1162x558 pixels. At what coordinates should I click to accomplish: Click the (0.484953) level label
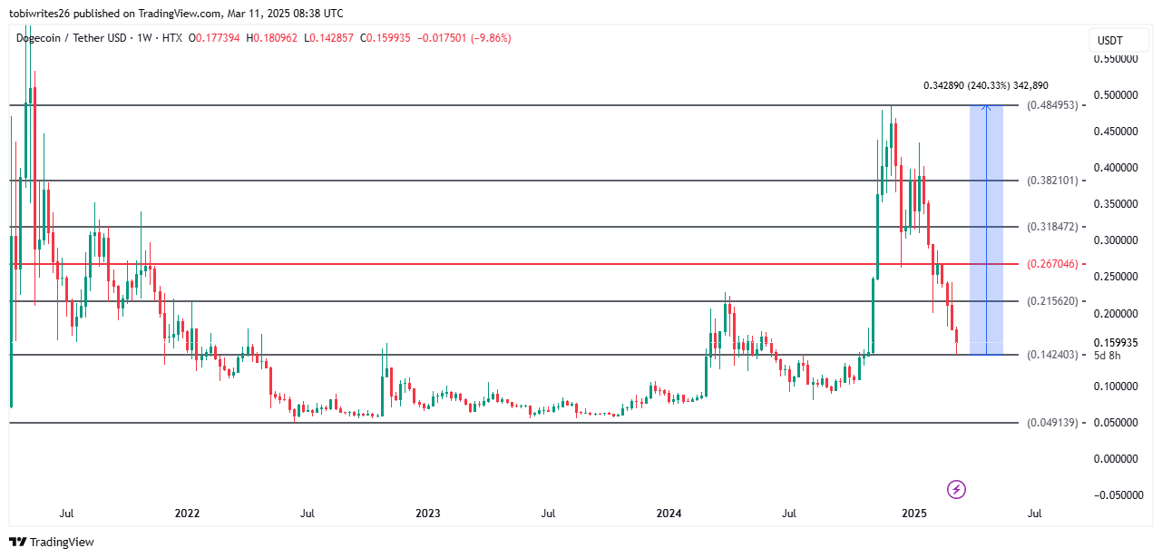1052,105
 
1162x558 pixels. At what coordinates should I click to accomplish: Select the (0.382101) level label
1052,181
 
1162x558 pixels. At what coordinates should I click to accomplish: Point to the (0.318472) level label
1052,227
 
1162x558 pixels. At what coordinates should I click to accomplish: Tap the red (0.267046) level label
1052,264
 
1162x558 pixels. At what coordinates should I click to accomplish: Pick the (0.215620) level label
1052,301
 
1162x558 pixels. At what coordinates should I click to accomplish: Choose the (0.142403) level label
1052,355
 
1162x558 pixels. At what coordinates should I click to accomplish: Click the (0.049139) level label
1052,423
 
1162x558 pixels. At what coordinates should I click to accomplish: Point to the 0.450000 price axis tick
1117,132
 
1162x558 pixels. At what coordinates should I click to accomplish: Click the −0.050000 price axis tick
1115,495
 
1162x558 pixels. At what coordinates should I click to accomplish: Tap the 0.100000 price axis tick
1117,387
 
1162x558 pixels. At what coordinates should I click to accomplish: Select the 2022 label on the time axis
187,514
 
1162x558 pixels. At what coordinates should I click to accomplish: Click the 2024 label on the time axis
669,514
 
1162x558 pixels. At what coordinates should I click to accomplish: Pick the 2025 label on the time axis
914,514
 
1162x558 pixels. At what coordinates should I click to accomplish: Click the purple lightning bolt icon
956,490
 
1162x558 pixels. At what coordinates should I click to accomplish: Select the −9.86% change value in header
490,38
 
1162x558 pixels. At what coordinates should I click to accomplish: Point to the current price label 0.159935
1117,343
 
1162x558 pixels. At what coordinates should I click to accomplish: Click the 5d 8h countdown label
1108,355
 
